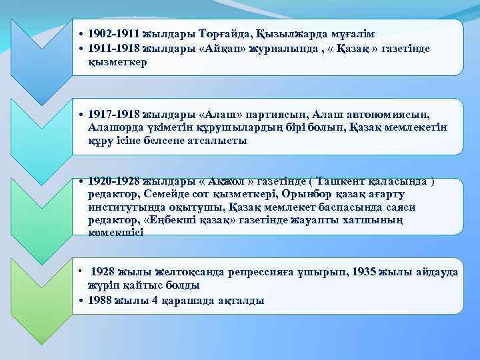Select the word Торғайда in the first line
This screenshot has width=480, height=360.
[216, 34]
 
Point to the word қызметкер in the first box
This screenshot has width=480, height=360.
[117, 61]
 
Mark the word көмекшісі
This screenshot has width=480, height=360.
[115, 233]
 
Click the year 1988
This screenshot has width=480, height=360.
[100, 300]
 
